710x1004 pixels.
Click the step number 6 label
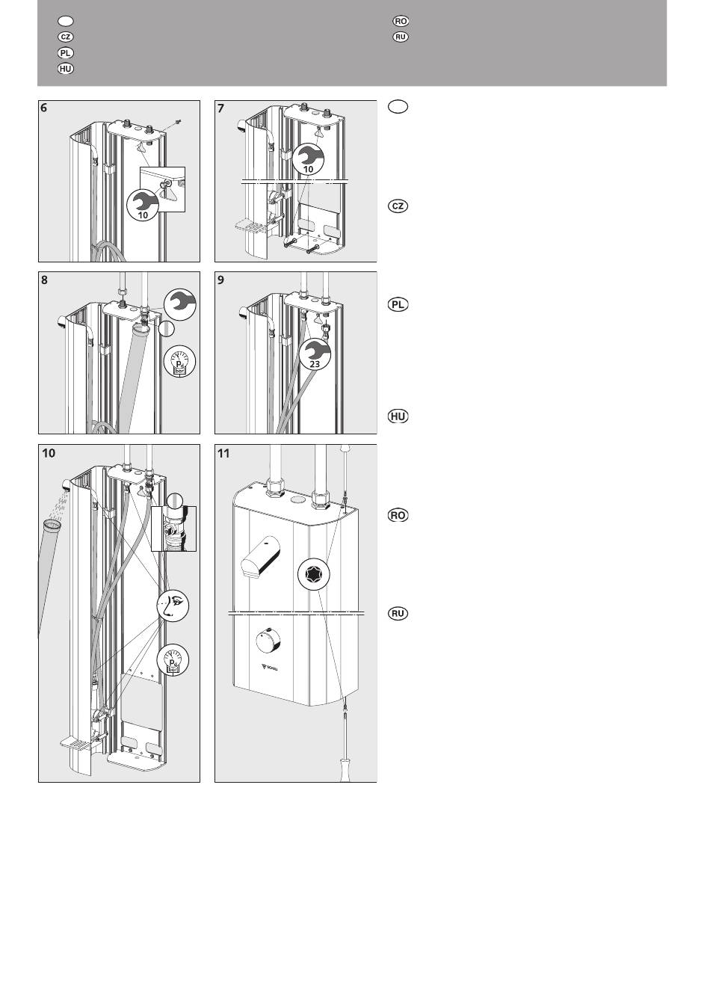point(44,108)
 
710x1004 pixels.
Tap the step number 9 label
point(220,280)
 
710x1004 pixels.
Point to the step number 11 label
point(223,453)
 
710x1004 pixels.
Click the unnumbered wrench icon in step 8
point(179,302)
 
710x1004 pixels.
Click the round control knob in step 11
point(265,642)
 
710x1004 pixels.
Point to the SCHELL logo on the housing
point(268,667)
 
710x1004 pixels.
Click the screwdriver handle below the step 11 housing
point(345,769)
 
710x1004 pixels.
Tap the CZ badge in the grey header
point(66,37)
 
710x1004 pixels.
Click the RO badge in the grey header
point(401,21)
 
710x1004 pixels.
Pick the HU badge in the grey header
point(66,69)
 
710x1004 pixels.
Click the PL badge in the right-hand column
point(398,304)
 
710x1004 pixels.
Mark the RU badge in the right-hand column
point(398,614)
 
